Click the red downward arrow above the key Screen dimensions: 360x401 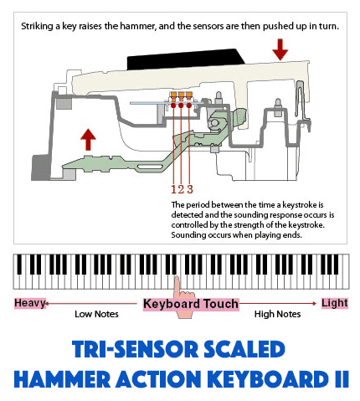click(x=280, y=49)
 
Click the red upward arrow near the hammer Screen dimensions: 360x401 click(x=88, y=140)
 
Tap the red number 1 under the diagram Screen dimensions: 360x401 click(x=174, y=189)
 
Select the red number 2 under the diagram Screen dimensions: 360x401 click(x=181, y=189)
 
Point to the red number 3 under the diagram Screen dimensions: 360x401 click(x=190, y=189)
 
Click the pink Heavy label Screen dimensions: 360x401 click(x=30, y=303)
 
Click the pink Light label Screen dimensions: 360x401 click(x=335, y=303)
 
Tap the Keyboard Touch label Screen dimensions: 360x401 click(x=191, y=304)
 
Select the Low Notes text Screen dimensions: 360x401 click(x=96, y=314)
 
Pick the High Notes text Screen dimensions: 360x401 click(x=277, y=314)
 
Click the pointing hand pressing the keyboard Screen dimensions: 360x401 click(x=183, y=297)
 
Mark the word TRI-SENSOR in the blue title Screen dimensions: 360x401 click(x=135, y=349)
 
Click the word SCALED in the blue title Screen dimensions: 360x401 click(x=244, y=349)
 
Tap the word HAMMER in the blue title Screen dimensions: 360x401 click(x=62, y=379)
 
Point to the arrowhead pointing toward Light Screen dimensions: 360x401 click(x=315, y=303)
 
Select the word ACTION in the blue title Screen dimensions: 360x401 click(x=158, y=379)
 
